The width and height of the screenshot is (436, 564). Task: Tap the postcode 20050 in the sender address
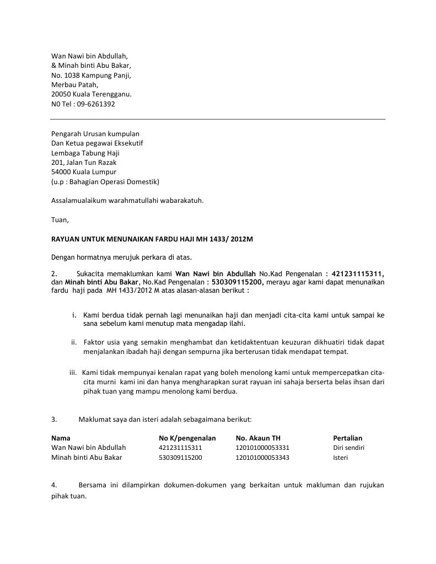(61, 94)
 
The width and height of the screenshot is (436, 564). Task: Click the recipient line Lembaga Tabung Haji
(85, 153)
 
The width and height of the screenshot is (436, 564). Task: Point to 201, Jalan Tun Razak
(84, 162)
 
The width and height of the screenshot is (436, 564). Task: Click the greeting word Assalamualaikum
(79, 200)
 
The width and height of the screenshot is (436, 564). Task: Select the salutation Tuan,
(60, 219)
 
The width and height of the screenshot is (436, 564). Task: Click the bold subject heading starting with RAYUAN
(152, 238)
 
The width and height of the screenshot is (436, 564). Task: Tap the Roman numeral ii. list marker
(74, 342)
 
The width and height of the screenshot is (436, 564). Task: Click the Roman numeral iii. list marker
(73, 372)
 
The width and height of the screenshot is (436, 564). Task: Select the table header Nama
(61, 438)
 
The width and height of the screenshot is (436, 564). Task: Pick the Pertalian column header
(348, 438)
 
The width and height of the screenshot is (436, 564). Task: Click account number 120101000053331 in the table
(262, 448)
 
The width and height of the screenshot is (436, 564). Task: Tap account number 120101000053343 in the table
(262, 458)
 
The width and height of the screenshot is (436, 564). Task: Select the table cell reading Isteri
(341, 458)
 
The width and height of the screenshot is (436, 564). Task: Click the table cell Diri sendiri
(349, 448)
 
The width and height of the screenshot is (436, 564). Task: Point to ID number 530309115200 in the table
(180, 458)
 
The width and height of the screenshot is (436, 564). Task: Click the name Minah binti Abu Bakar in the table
(87, 458)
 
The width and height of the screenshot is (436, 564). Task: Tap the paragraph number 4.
(54, 485)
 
